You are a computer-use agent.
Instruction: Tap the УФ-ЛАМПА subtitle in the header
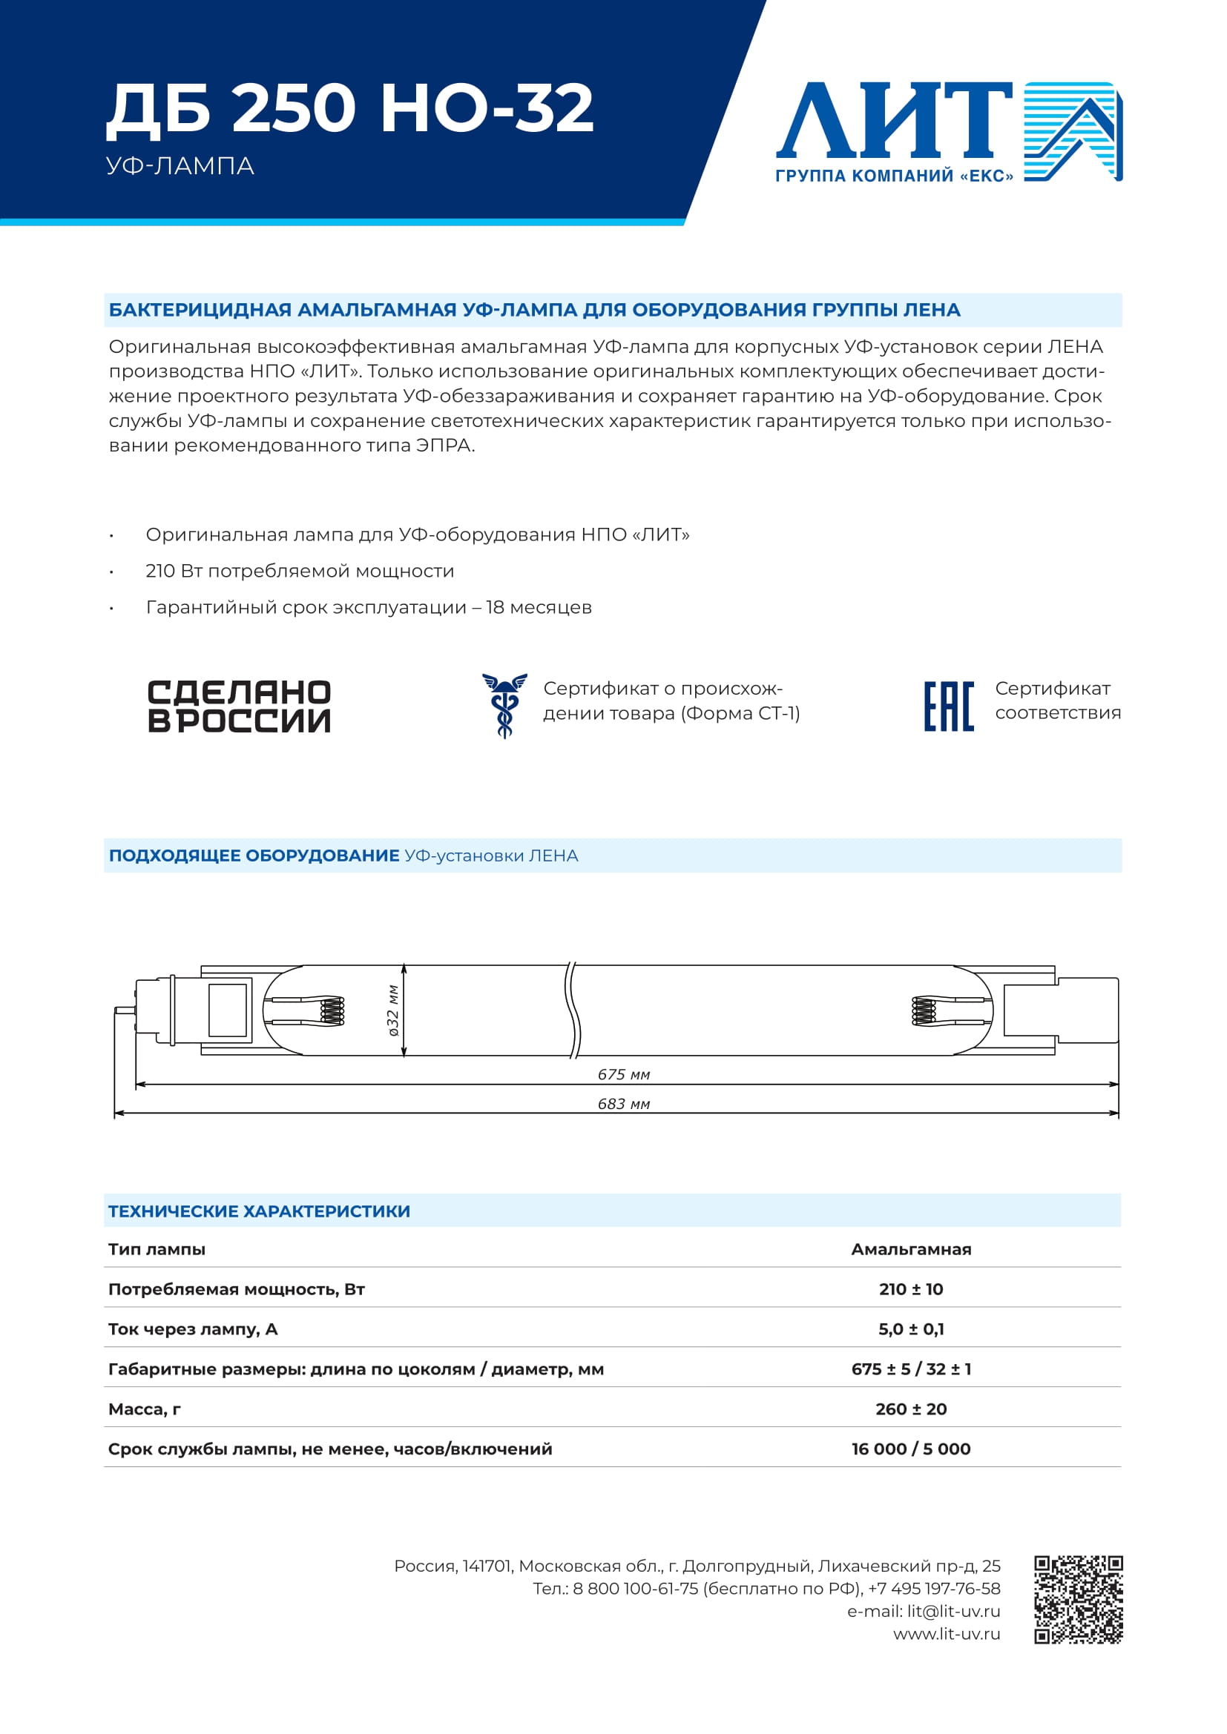(180, 166)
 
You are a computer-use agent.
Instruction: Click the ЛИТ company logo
(948, 131)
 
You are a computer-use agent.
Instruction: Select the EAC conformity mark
(949, 706)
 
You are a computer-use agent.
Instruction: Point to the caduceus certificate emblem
(504, 705)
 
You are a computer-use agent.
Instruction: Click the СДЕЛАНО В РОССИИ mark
(240, 706)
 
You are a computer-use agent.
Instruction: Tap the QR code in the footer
(1078, 1599)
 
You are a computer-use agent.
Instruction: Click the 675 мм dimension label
(623, 1074)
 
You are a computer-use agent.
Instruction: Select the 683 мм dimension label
(623, 1103)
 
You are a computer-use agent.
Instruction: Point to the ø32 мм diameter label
(393, 1010)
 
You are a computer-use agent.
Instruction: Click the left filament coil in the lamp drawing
(332, 1010)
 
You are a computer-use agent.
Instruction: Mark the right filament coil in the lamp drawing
(924, 1010)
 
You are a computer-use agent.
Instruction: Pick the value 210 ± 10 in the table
(910, 1289)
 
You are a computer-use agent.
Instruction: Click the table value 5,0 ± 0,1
(910, 1329)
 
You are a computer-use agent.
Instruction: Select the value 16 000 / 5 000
(910, 1449)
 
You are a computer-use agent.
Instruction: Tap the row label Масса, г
(145, 1409)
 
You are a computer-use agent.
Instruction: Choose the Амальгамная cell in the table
(910, 1249)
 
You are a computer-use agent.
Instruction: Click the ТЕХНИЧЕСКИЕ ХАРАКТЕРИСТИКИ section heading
(259, 1211)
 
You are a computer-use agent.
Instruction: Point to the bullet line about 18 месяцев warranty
(369, 607)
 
